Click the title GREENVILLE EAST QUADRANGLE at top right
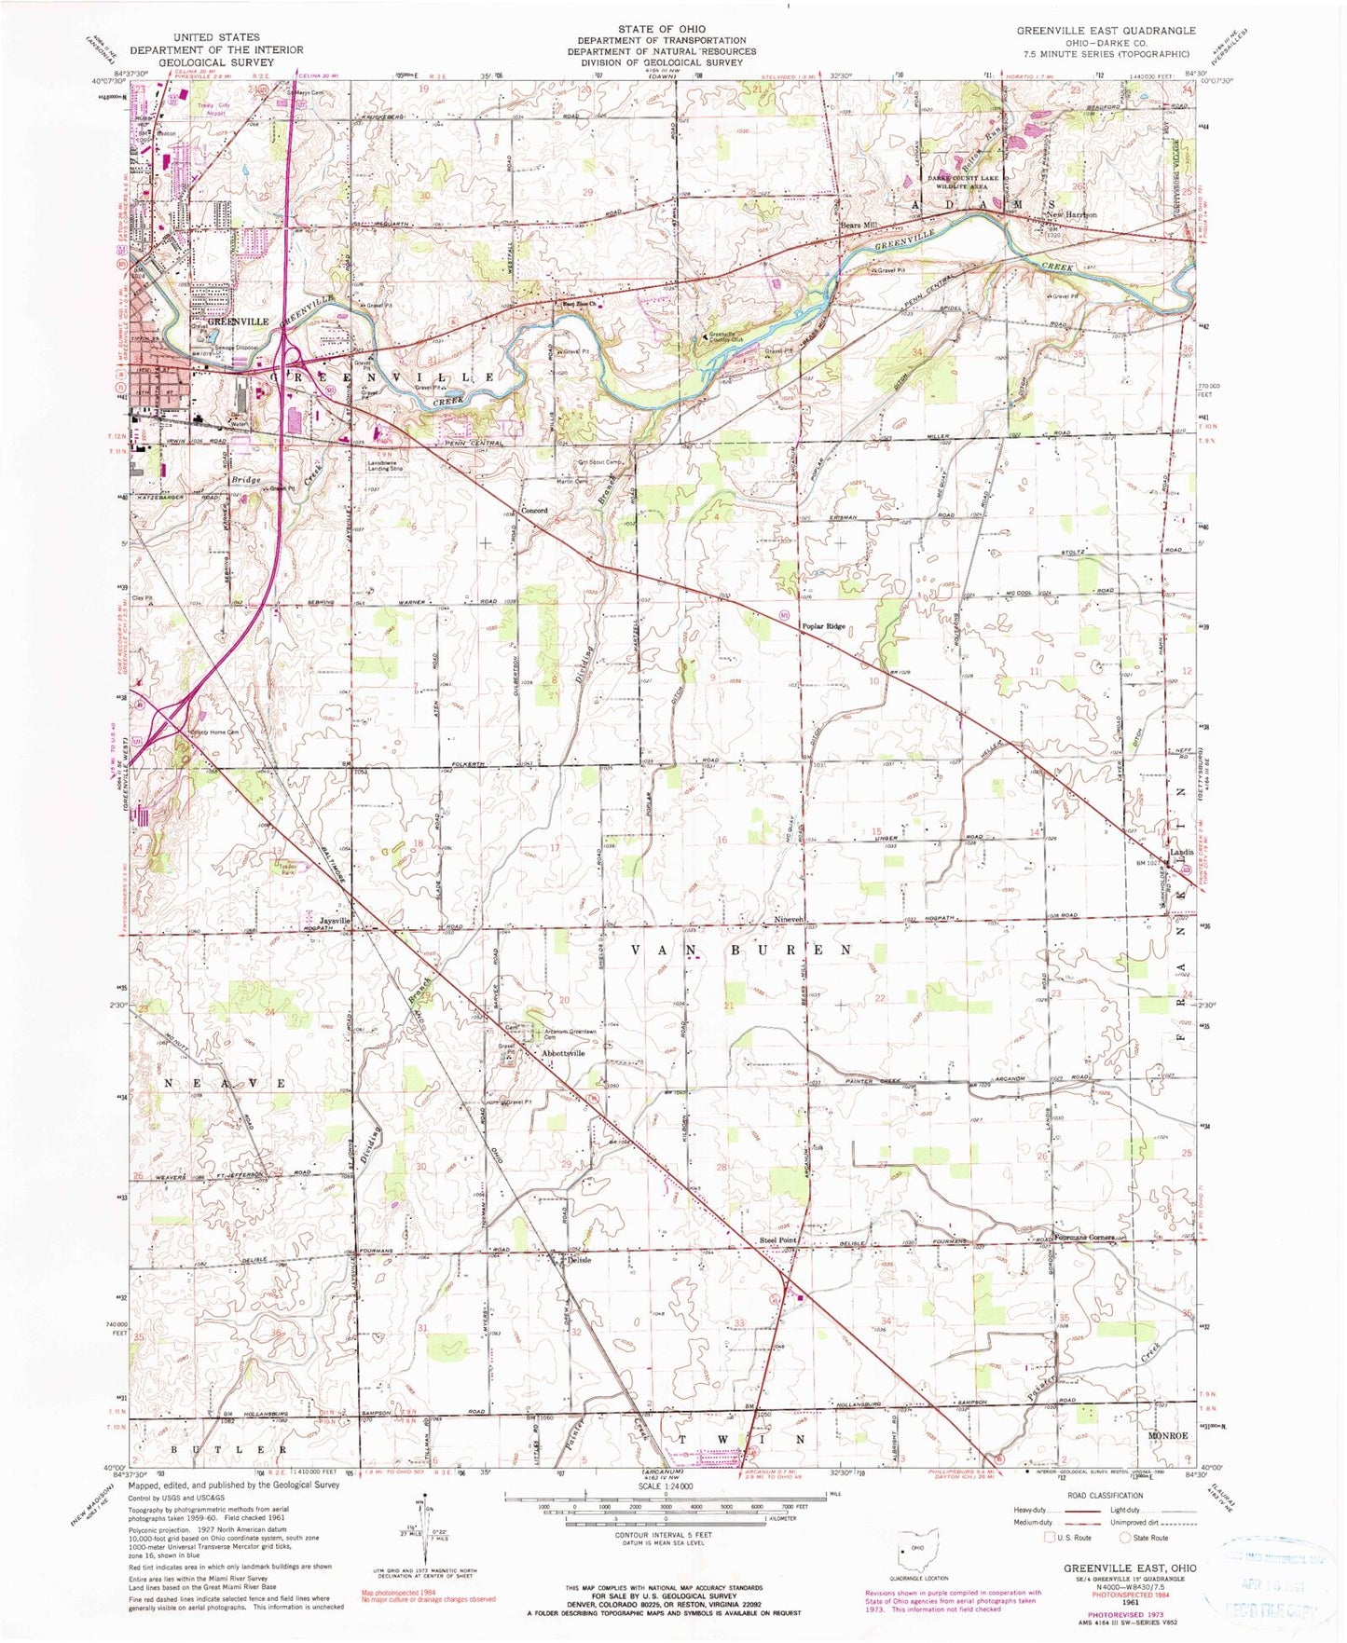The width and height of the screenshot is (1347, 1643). (1106, 31)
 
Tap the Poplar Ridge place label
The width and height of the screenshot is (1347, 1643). (824, 626)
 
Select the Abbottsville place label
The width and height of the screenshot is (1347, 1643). (563, 1053)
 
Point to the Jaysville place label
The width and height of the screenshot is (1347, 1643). (333, 921)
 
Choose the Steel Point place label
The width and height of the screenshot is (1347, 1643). (777, 1240)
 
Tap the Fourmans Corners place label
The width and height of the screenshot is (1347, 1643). (1084, 1238)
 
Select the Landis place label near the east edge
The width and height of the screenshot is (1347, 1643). (1182, 852)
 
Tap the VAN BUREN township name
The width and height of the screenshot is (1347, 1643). (742, 950)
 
